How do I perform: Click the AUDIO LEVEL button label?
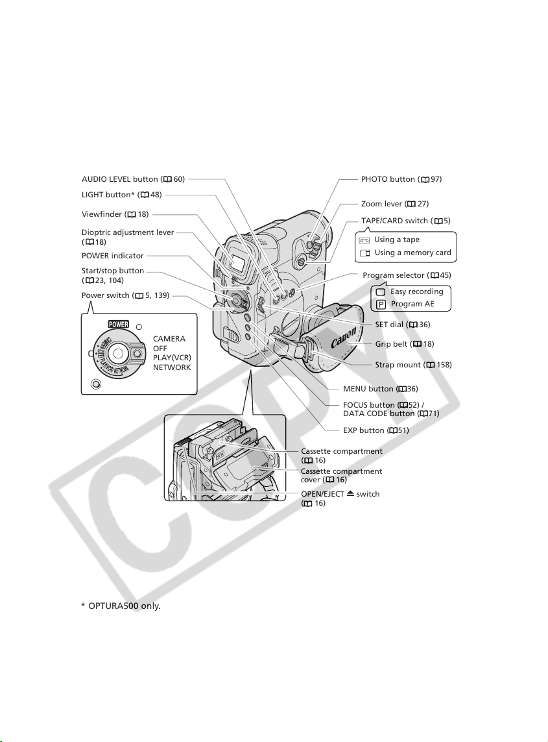pos(133,179)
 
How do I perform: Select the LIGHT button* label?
pos(121,195)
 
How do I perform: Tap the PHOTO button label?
pos(401,179)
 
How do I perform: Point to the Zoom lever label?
pos(395,204)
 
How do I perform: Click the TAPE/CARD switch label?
pos(406,221)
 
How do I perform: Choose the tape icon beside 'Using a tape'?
pos(364,240)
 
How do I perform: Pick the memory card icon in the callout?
pos(364,253)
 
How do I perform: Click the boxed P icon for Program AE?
pos(381,304)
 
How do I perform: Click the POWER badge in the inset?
pos(118,325)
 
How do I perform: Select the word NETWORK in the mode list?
pos(172,367)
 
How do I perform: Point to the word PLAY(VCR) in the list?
pos(172,358)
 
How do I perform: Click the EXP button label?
pos(376,430)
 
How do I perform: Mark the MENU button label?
pos(381,389)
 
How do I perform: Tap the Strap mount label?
pos(413,365)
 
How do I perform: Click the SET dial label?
pos(402,325)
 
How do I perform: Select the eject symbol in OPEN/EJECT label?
pos(350,493)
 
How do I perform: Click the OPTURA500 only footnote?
pos(121,606)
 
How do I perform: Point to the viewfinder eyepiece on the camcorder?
pos(239,259)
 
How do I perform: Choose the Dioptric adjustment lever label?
pos(128,237)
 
